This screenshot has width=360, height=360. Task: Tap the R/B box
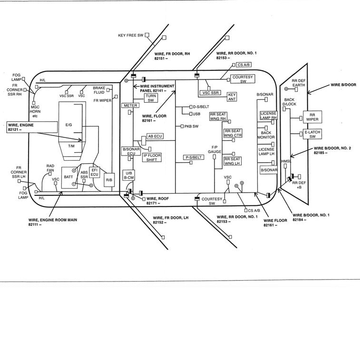(109, 180)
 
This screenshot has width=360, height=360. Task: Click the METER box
(130, 106)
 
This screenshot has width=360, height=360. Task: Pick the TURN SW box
(151, 98)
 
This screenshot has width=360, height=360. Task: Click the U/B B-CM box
(128, 175)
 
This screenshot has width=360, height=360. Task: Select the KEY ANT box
(232, 97)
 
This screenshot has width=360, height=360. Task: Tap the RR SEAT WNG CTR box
(233, 134)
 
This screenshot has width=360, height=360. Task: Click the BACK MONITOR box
(266, 135)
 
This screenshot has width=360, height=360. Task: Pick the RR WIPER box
(312, 117)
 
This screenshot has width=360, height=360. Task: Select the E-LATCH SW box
(312, 134)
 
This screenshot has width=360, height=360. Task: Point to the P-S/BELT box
(194, 157)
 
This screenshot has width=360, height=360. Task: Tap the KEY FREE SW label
(131, 35)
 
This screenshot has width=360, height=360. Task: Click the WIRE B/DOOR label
(343, 84)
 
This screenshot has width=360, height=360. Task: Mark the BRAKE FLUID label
(99, 90)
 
